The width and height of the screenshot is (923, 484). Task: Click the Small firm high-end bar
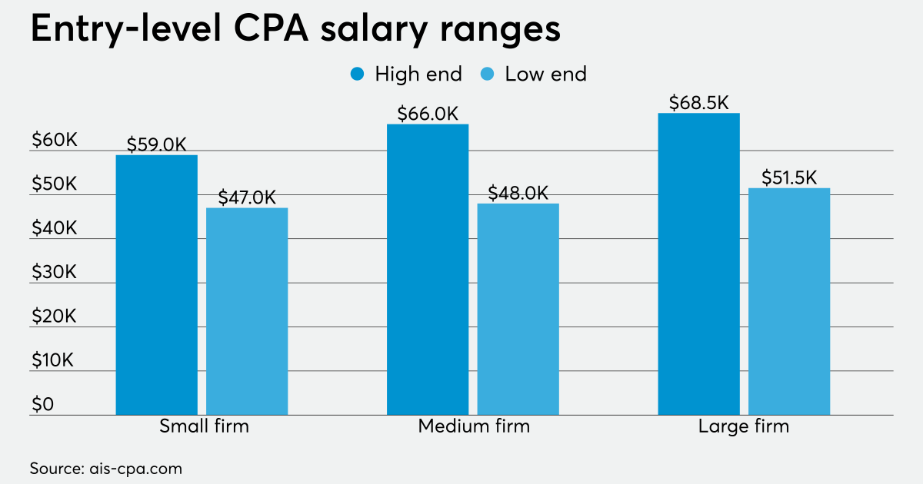(x=157, y=285)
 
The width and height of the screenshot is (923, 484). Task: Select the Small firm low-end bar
(x=247, y=311)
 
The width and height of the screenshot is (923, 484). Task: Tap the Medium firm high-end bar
(x=428, y=270)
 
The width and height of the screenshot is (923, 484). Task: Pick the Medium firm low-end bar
(x=518, y=309)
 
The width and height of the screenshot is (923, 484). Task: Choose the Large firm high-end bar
(x=699, y=264)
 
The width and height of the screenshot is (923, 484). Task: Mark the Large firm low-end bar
(x=789, y=301)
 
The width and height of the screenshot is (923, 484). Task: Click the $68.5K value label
(x=698, y=102)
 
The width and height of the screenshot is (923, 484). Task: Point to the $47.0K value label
(x=247, y=197)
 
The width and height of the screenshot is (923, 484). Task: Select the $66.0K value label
(x=428, y=114)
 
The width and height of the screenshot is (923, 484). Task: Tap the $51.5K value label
(x=789, y=177)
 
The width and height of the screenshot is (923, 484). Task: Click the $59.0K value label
(x=157, y=144)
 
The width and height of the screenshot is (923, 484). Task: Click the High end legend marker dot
(x=357, y=75)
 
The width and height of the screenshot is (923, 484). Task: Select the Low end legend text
(x=545, y=75)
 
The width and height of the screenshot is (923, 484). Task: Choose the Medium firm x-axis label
(x=474, y=426)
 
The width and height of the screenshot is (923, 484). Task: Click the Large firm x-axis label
(x=744, y=426)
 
